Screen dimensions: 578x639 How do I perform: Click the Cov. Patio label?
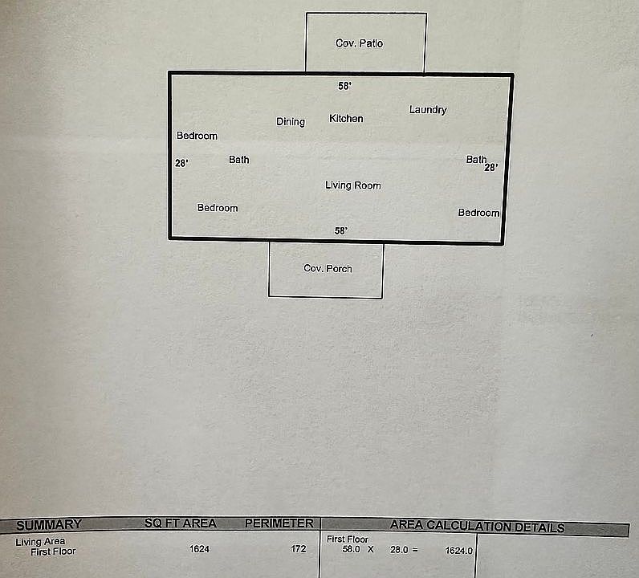click(359, 43)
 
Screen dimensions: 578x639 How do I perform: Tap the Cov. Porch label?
click(328, 268)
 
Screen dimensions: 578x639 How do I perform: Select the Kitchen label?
click(346, 119)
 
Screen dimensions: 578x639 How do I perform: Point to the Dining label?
click(291, 122)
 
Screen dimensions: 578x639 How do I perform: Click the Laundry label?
click(428, 110)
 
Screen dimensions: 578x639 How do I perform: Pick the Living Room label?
click(352, 185)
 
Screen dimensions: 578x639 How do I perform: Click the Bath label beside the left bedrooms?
click(238, 160)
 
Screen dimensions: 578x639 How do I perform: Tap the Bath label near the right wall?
click(476, 160)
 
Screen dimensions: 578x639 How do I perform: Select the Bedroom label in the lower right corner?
click(478, 213)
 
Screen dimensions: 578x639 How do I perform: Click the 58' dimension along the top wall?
click(344, 86)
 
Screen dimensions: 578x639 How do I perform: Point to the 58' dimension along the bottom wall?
click(341, 231)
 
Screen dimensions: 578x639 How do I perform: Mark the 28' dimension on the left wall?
click(181, 164)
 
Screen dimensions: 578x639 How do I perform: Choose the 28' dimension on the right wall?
click(490, 168)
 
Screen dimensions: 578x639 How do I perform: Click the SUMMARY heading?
click(49, 525)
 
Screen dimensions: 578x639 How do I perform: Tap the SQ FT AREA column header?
click(180, 524)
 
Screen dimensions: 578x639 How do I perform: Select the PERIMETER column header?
click(279, 523)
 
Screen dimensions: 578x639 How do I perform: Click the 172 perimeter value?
click(299, 550)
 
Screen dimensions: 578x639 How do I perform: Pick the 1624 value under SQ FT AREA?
click(199, 550)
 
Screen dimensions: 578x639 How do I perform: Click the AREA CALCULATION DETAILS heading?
click(477, 527)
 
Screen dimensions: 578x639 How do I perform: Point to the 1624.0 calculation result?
click(459, 552)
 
